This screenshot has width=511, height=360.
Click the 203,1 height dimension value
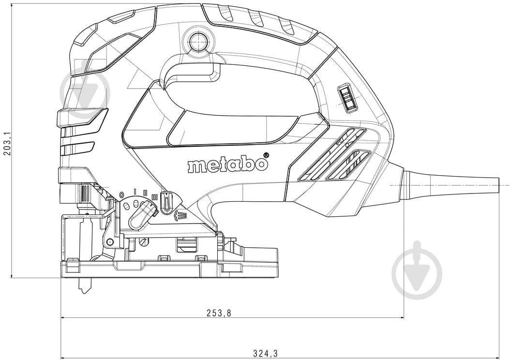pyautogui.click(x=6, y=143)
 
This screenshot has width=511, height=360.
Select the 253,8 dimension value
pyautogui.click(x=219, y=313)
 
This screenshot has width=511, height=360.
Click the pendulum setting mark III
pyautogui.click(x=155, y=196)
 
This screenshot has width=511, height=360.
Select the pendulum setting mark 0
pyautogui.click(x=121, y=195)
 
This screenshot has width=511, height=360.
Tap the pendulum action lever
pyautogui.click(x=142, y=215)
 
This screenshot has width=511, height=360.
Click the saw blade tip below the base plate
pyautogui.click(x=84, y=287)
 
